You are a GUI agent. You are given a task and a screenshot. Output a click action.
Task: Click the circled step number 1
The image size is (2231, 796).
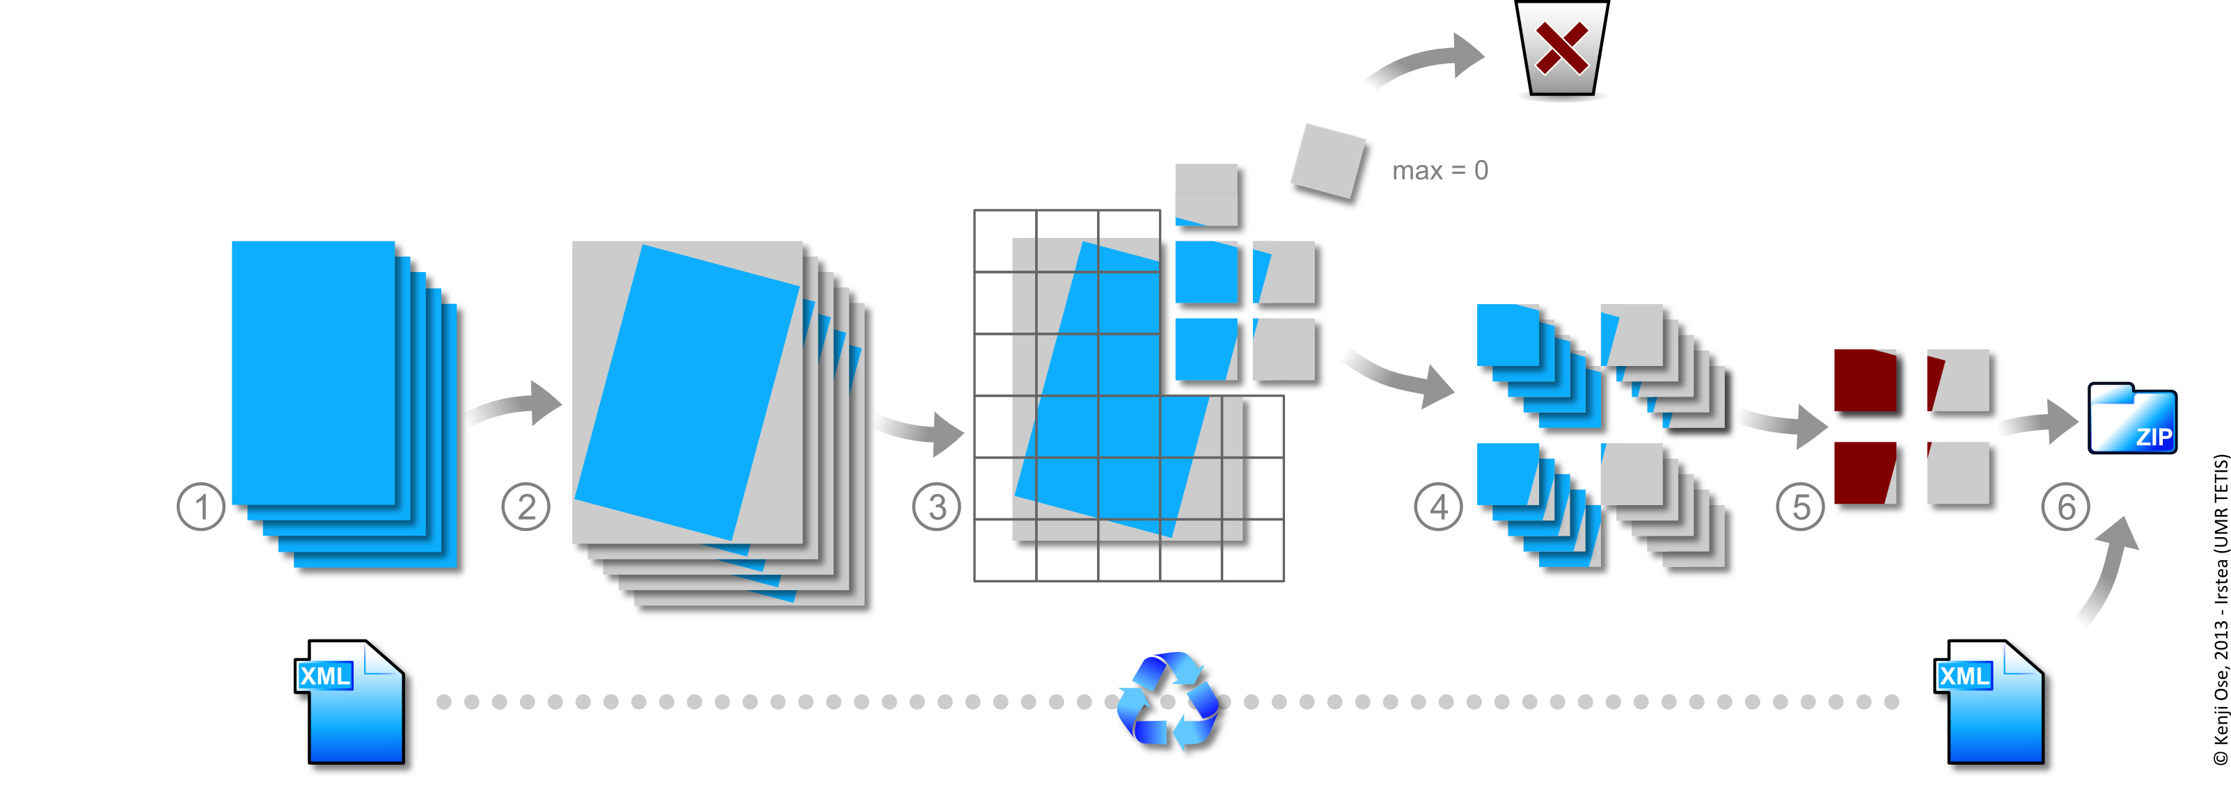201,507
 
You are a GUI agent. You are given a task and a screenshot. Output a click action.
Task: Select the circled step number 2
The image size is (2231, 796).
526,507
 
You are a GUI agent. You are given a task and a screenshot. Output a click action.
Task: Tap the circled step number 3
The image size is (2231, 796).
936,507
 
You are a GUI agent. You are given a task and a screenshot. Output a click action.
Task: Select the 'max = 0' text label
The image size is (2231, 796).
1440,170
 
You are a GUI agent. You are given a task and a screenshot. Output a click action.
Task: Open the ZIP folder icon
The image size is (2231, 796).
2131,419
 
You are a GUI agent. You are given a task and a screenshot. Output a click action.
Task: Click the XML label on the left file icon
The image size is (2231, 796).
324,676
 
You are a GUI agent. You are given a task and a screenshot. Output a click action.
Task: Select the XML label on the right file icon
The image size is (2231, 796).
1964,676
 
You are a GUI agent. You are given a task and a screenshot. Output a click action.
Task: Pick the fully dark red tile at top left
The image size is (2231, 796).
1869,383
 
